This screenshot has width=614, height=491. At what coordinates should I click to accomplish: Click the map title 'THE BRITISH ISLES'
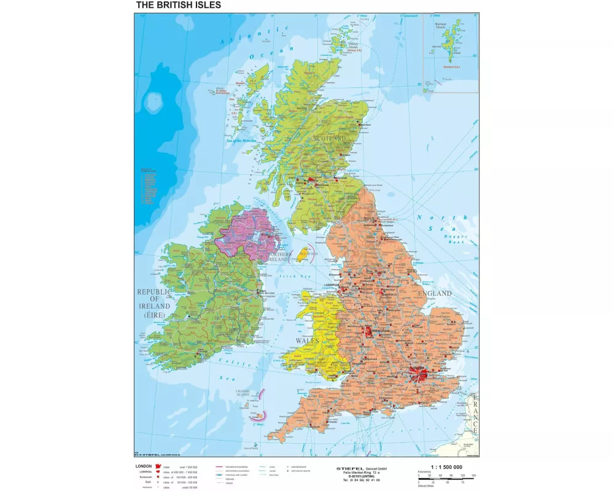pos(178,5)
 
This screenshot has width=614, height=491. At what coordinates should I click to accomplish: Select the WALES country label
pos(308,340)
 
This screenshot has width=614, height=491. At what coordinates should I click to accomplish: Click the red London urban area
pos(419,373)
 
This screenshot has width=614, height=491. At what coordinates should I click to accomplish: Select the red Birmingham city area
pos(369,332)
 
